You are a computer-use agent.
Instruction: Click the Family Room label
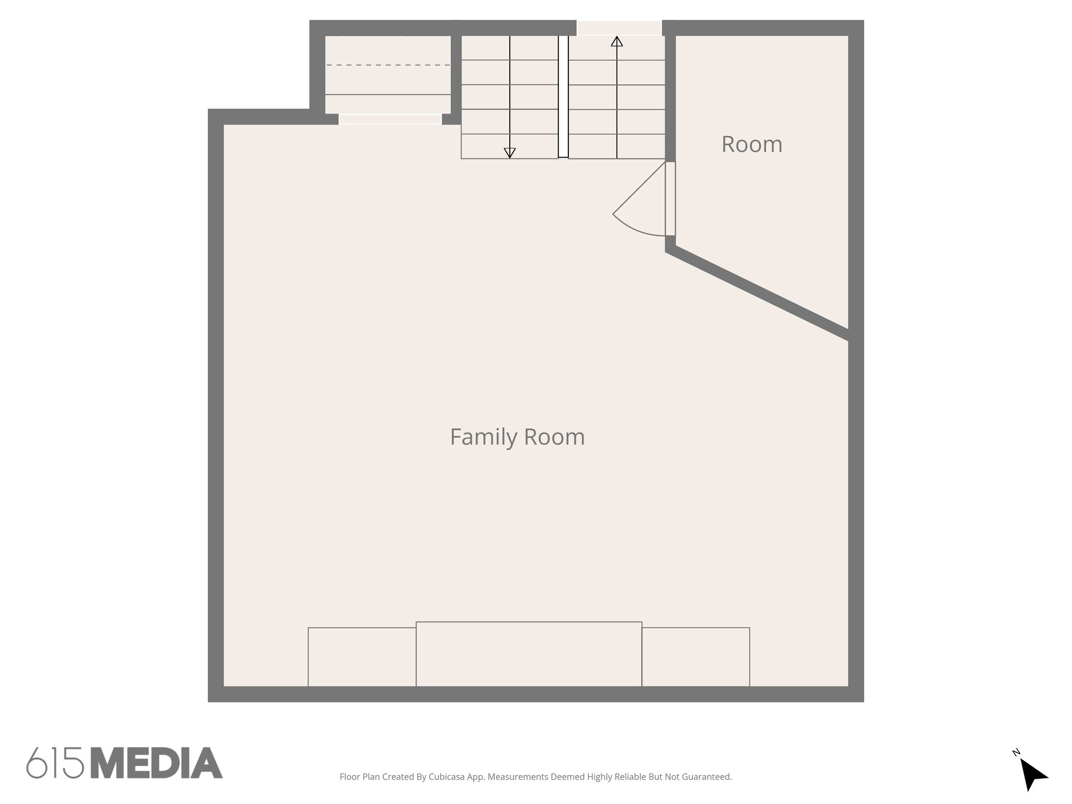[517, 437]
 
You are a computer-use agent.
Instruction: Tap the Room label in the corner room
[752, 144]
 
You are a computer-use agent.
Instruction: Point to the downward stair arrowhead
[509, 153]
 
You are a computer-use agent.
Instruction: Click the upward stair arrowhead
[617, 41]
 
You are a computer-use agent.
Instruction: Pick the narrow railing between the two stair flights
[563, 96]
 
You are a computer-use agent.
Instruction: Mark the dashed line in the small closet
[388, 65]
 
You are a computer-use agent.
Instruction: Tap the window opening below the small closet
[390, 119]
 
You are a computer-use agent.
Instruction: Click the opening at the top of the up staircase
[619, 28]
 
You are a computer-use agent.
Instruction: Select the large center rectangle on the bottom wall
[529, 654]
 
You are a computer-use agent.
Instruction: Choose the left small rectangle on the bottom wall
[362, 656]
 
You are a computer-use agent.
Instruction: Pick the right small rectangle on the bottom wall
[696, 656]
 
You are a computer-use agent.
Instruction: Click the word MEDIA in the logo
[157, 763]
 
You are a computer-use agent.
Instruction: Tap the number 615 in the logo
[55, 763]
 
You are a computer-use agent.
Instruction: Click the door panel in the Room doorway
[670, 198]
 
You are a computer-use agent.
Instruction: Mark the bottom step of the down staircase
[509, 146]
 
